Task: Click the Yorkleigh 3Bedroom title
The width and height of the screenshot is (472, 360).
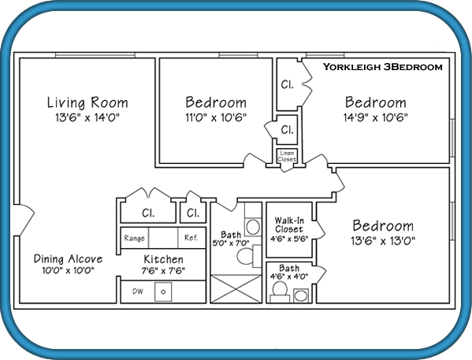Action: click(x=383, y=67)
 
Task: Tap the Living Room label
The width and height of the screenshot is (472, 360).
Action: click(x=87, y=102)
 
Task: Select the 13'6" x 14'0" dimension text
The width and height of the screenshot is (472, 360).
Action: click(x=87, y=117)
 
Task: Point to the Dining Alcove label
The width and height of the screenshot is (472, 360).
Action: click(x=68, y=259)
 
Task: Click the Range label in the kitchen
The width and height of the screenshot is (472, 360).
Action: click(x=134, y=238)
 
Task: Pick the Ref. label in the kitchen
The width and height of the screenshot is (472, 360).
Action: click(x=191, y=238)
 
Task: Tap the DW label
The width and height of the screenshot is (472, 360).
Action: click(x=138, y=291)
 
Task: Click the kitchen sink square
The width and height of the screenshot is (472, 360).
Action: click(x=163, y=291)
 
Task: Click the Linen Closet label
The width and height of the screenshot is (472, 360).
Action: click(x=287, y=156)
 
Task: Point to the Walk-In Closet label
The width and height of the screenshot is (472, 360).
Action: click(x=289, y=225)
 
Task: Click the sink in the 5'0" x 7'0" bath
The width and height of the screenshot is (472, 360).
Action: click(x=253, y=227)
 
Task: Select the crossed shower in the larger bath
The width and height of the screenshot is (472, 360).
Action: click(x=236, y=288)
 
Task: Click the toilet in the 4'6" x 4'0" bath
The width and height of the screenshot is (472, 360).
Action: click(x=280, y=289)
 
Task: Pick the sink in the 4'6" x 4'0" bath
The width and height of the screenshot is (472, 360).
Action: click(x=301, y=295)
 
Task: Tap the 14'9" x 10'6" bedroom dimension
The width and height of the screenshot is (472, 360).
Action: click(x=376, y=117)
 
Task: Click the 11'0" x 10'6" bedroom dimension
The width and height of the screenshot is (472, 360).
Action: click(x=216, y=117)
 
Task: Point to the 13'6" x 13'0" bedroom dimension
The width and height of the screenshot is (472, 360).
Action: click(x=383, y=241)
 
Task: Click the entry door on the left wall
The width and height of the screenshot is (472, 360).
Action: click(x=27, y=219)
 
